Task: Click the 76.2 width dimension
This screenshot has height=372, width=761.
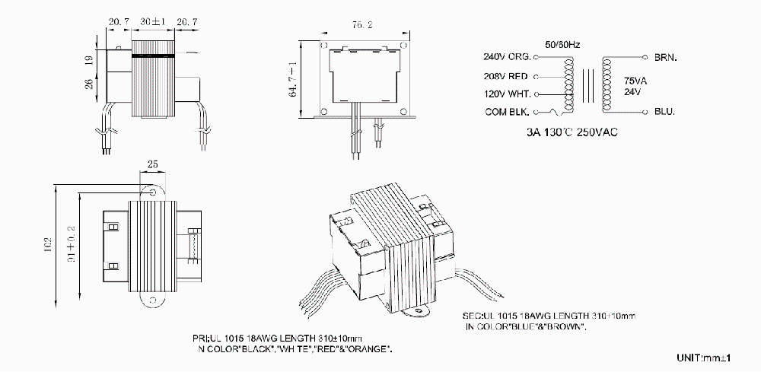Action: [361, 25]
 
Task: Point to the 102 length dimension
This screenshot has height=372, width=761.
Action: [48, 244]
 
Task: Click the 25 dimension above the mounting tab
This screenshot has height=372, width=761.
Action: [152, 165]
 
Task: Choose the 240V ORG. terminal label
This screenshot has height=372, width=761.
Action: [507, 57]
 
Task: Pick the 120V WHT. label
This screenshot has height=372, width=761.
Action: [506, 94]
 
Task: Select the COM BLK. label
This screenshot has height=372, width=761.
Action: [507, 112]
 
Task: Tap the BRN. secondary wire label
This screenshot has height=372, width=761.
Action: [665, 57]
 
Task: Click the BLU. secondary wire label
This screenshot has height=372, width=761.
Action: [664, 112]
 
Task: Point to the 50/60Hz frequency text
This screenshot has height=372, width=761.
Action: [562, 45]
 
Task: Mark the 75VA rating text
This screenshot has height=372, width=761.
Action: [636, 80]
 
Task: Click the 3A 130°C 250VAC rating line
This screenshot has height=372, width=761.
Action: [572, 132]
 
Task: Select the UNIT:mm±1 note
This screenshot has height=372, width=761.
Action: [703, 357]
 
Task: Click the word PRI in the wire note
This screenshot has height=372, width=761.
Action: [199, 338]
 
